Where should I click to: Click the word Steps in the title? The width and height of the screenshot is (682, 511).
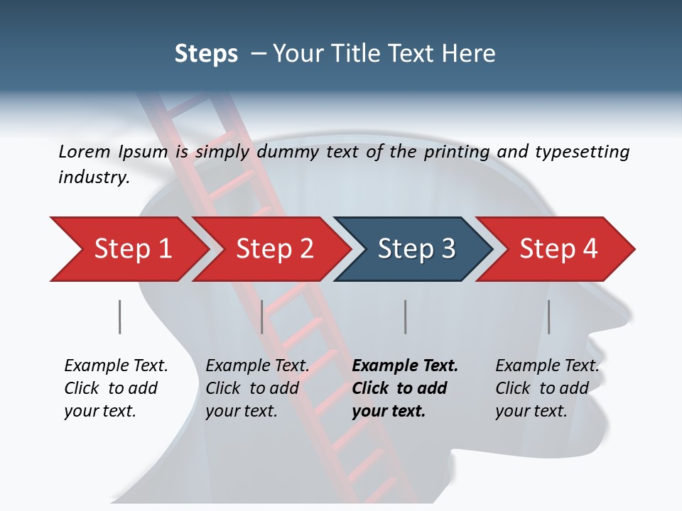(x=206, y=54)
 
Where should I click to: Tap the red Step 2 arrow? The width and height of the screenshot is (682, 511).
(x=274, y=249)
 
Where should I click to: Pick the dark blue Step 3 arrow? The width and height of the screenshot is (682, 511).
(x=416, y=249)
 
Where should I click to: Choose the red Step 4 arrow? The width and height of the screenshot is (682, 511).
(x=558, y=249)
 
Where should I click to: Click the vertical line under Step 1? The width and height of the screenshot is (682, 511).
(x=120, y=317)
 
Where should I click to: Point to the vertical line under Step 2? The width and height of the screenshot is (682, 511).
(x=262, y=317)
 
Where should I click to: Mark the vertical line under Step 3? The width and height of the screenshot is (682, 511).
(x=406, y=317)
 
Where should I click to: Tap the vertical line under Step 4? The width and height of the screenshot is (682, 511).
(x=548, y=317)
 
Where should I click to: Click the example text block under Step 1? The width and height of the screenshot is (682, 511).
(x=116, y=388)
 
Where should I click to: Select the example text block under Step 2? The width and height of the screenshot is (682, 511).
(x=257, y=388)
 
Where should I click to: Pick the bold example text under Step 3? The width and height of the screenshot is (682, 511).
(x=405, y=388)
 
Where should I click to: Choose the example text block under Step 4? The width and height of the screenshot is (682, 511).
(x=547, y=388)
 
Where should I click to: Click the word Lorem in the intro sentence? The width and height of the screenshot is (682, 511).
(x=85, y=152)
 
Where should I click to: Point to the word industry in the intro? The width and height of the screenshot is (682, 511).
(x=94, y=177)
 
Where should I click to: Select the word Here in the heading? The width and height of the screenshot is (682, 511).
(x=471, y=54)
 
